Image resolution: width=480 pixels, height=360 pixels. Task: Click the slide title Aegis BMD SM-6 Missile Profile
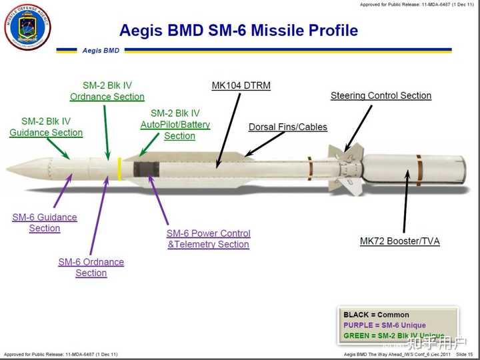[238, 31]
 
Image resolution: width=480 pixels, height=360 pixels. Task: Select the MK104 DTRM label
[241, 85]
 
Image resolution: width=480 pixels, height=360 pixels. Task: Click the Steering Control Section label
[381, 95]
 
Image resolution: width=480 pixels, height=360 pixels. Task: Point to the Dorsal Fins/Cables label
[287, 127]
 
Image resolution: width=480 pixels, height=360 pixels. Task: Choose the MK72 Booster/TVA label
[399, 241]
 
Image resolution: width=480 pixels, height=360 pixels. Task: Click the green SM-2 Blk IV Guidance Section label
[46, 127]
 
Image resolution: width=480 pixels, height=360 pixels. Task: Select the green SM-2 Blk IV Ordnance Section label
[107, 91]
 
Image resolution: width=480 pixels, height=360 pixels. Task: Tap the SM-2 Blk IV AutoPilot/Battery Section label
[175, 125]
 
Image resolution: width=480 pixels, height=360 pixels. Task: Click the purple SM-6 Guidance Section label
[45, 223]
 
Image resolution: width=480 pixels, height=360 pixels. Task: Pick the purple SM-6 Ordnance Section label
[91, 267]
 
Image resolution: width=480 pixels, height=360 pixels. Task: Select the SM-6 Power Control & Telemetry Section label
[208, 239]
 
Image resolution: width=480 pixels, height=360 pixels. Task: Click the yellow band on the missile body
[119, 169]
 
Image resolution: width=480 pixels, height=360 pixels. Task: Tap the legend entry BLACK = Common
[376, 315]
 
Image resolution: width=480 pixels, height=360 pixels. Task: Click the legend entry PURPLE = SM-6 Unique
[385, 325]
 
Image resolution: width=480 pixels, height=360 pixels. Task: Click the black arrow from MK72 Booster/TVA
[404, 207]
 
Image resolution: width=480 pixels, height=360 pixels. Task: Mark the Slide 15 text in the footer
[465, 354]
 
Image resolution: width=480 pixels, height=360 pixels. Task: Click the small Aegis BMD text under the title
[101, 50]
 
